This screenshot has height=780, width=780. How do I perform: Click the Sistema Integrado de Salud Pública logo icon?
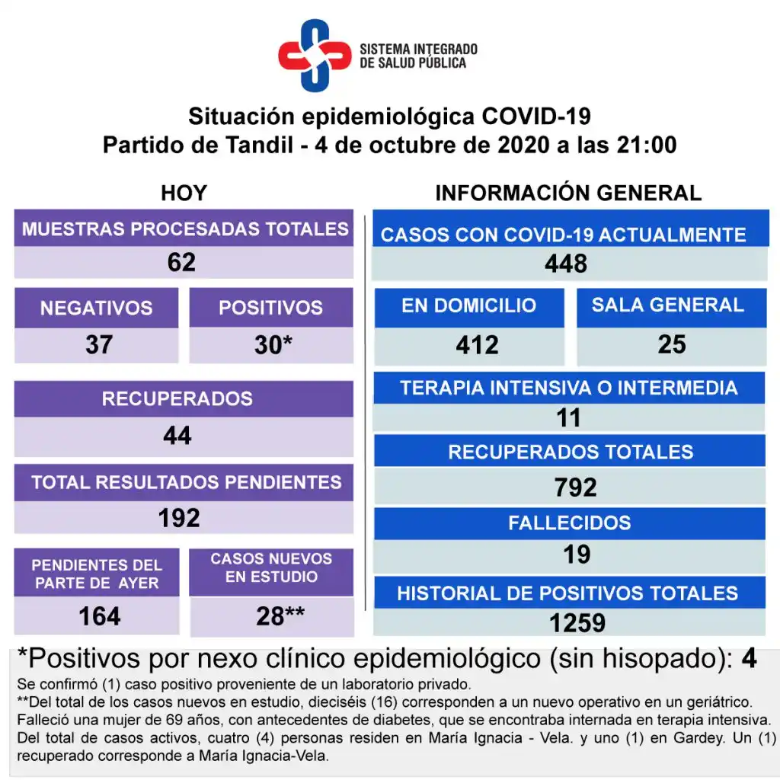click(x=314, y=55)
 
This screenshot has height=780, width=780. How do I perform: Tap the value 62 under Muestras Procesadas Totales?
click(x=182, y=263)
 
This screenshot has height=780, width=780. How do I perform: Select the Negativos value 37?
click(x=99, y=345)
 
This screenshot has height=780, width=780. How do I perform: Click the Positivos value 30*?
click(x=273, y=345)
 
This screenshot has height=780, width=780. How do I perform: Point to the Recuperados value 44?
click(x=177, y=436)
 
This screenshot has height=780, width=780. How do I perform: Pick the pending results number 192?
click(x=179, y=518)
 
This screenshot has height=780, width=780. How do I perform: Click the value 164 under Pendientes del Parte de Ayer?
click(x=100, y=615)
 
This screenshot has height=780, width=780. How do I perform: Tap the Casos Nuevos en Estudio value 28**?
click(x=280, y=616)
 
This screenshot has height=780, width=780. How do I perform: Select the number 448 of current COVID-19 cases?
click(x=566, y=264)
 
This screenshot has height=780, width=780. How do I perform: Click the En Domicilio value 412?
click(x=478, y=345)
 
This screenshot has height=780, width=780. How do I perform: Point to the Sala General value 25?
click(x=672, y=344)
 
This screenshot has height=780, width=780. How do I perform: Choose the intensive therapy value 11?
click(x=568, y=417)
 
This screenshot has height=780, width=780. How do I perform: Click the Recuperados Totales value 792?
click(x=575, y=487)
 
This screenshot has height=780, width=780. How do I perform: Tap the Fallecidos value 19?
click(x=577, y=554)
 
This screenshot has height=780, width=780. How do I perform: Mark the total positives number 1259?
click(x=577, y=623)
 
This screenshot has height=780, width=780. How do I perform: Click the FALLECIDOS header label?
click(x=570, y=523)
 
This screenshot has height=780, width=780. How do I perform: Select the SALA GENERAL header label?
click(x=668, y=305)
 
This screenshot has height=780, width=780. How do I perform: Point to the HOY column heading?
click(x=184, y=193)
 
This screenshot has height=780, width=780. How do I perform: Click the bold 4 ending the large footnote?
click(x=749, y=659)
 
